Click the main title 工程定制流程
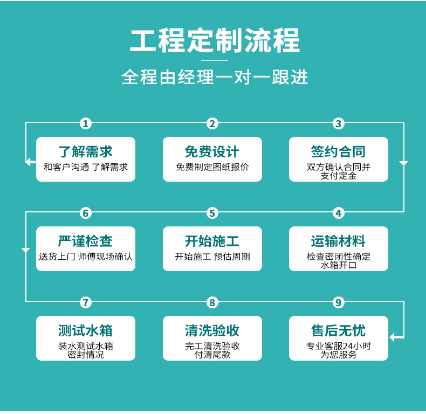point(215,41)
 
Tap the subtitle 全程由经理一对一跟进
point(215,77)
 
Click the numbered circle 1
point(86,123)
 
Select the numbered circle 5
point(212,213)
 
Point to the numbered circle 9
point(338,302)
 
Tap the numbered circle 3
point(338,123)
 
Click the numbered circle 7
point(86,302)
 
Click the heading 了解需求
point(86,151)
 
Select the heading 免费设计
point(212,151)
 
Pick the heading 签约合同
point(338,151)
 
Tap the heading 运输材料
point(338,241)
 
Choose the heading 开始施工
point(212,241)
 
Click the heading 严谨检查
point(86,241)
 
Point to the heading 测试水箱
point(86,330)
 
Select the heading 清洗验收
point(212,330)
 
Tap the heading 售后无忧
point(338,330)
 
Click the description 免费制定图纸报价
point(212,167)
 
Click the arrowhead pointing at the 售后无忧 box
point(392,337)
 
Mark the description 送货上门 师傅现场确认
point(86,257)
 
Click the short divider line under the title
point(215,60)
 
